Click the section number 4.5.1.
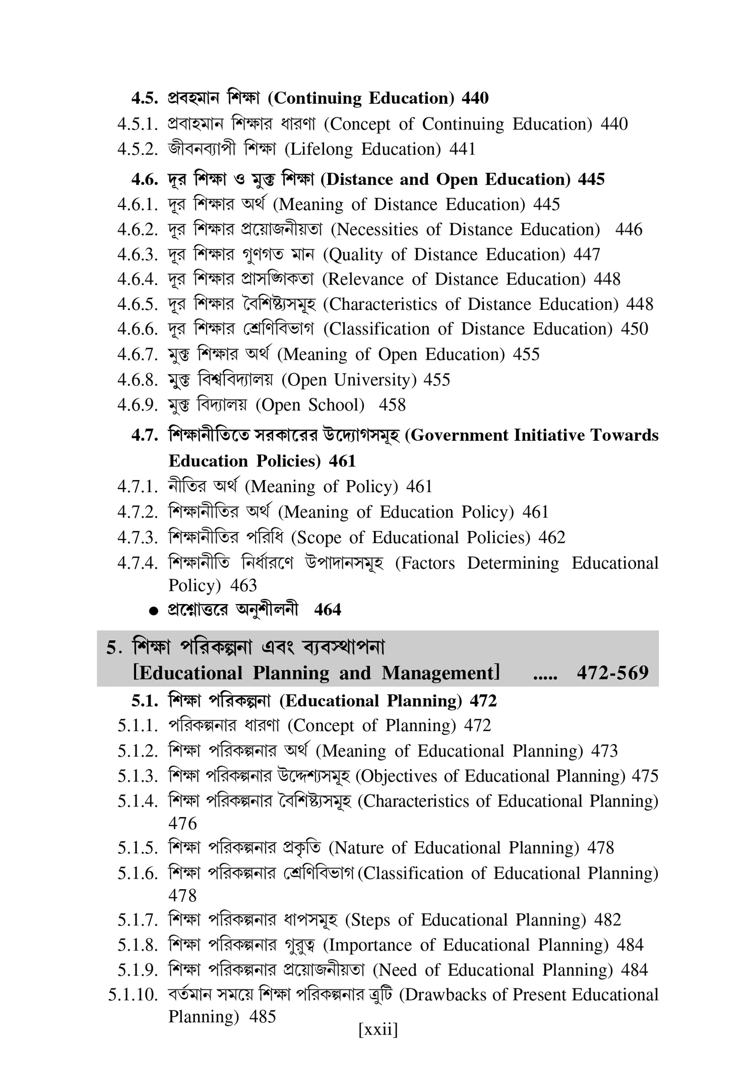point(138,124)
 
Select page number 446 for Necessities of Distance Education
point(628,230)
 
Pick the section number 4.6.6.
point(138,329)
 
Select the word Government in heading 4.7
point(456,436)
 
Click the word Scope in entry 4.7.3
point(316,538)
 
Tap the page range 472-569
point(612,673)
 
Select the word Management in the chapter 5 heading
point(440,673)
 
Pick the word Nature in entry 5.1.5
point(358,848)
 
